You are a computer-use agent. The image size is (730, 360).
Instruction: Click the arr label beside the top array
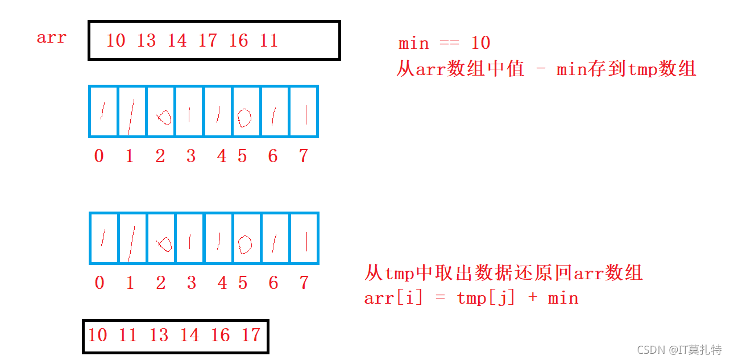coord(52,38)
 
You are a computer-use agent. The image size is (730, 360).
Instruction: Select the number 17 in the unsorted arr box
coord(208,40)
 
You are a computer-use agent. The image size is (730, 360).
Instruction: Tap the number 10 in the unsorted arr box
coord(115,40)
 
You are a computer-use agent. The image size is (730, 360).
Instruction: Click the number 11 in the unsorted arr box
coord(269,40)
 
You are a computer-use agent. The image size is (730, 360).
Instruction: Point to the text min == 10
coord(444,43)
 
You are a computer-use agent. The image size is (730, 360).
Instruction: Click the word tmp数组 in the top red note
coord(662,69)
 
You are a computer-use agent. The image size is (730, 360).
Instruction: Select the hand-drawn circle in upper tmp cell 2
coord(164,117)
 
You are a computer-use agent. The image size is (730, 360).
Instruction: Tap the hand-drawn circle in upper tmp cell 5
coord(244,117)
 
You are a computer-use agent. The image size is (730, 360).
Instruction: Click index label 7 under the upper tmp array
coord(304,156)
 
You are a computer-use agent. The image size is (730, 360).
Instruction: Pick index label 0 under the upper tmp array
coord(99,156)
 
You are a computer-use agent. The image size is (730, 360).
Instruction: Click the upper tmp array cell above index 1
coord(132,111)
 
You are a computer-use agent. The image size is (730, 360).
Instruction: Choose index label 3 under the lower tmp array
coord(191,283)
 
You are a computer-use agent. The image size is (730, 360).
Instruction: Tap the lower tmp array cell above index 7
coord(304,238)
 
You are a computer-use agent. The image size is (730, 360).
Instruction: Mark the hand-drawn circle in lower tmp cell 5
coord(244,244)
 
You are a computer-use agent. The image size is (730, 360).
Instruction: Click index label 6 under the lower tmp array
coord(273,283)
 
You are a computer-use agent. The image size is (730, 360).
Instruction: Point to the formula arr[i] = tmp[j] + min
coord(471,298)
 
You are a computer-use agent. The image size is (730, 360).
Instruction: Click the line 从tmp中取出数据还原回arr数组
coord(503,274)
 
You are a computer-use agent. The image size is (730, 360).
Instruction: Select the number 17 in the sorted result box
coord(251,335)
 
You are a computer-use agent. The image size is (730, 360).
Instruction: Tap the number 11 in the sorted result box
coord(128,335)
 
